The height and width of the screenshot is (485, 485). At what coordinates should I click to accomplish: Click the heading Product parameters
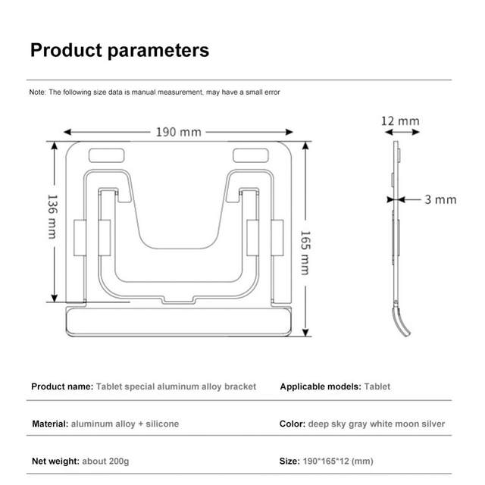pyautogui.click(x=119, y=51)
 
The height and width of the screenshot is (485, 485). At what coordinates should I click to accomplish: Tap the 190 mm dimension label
pyautogui.click(x=179, y=131)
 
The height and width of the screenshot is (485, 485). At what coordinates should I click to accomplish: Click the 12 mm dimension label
pyautogui.click(x=399, y=120)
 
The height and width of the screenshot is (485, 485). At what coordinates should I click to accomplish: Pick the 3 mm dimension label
pyautogui.click(x=440, y=200)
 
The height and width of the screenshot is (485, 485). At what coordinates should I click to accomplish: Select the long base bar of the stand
pyautogui.click(x=180, y=321)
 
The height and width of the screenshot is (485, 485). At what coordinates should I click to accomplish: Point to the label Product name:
pyautogui.click(x=62, y=386)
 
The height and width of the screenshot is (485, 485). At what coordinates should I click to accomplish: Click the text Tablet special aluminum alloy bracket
pyautogui.click(x=176, y=386)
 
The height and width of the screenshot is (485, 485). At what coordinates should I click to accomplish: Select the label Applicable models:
pyautogui.click(x=321, y=386)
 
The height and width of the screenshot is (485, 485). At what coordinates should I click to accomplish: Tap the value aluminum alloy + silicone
pyautogui.click(x=125, y=424)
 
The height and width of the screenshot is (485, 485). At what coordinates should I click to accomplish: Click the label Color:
pyautogui.click(x=293, y=424)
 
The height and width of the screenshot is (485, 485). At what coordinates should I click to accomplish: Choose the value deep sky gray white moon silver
pyautogui.click(x=377, y=424)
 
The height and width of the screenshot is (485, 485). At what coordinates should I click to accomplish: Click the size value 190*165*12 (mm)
pyautogui.click(x=338, y=461)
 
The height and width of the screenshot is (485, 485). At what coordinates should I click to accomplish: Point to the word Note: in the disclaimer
pyautogui.click(x=38, y=92)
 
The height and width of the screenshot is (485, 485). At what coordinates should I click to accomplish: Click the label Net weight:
pyautogui.click(x=57, y=461)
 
